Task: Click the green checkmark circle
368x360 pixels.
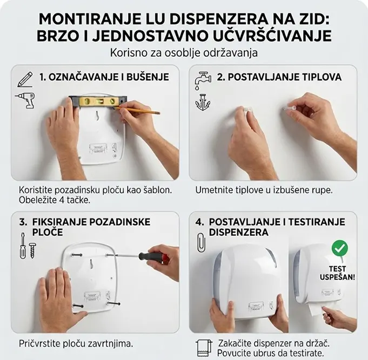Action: [339, 248]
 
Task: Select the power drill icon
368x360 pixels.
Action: [25, 100]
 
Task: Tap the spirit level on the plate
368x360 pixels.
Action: [98, 100]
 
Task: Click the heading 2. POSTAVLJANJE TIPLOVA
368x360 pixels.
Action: [279, 77]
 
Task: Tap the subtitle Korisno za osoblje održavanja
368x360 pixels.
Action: [184, 53]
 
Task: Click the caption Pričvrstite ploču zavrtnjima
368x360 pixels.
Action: [76, 343]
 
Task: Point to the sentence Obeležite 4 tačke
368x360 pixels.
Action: [55, 200]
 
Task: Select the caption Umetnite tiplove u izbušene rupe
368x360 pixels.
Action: [264, 190]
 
